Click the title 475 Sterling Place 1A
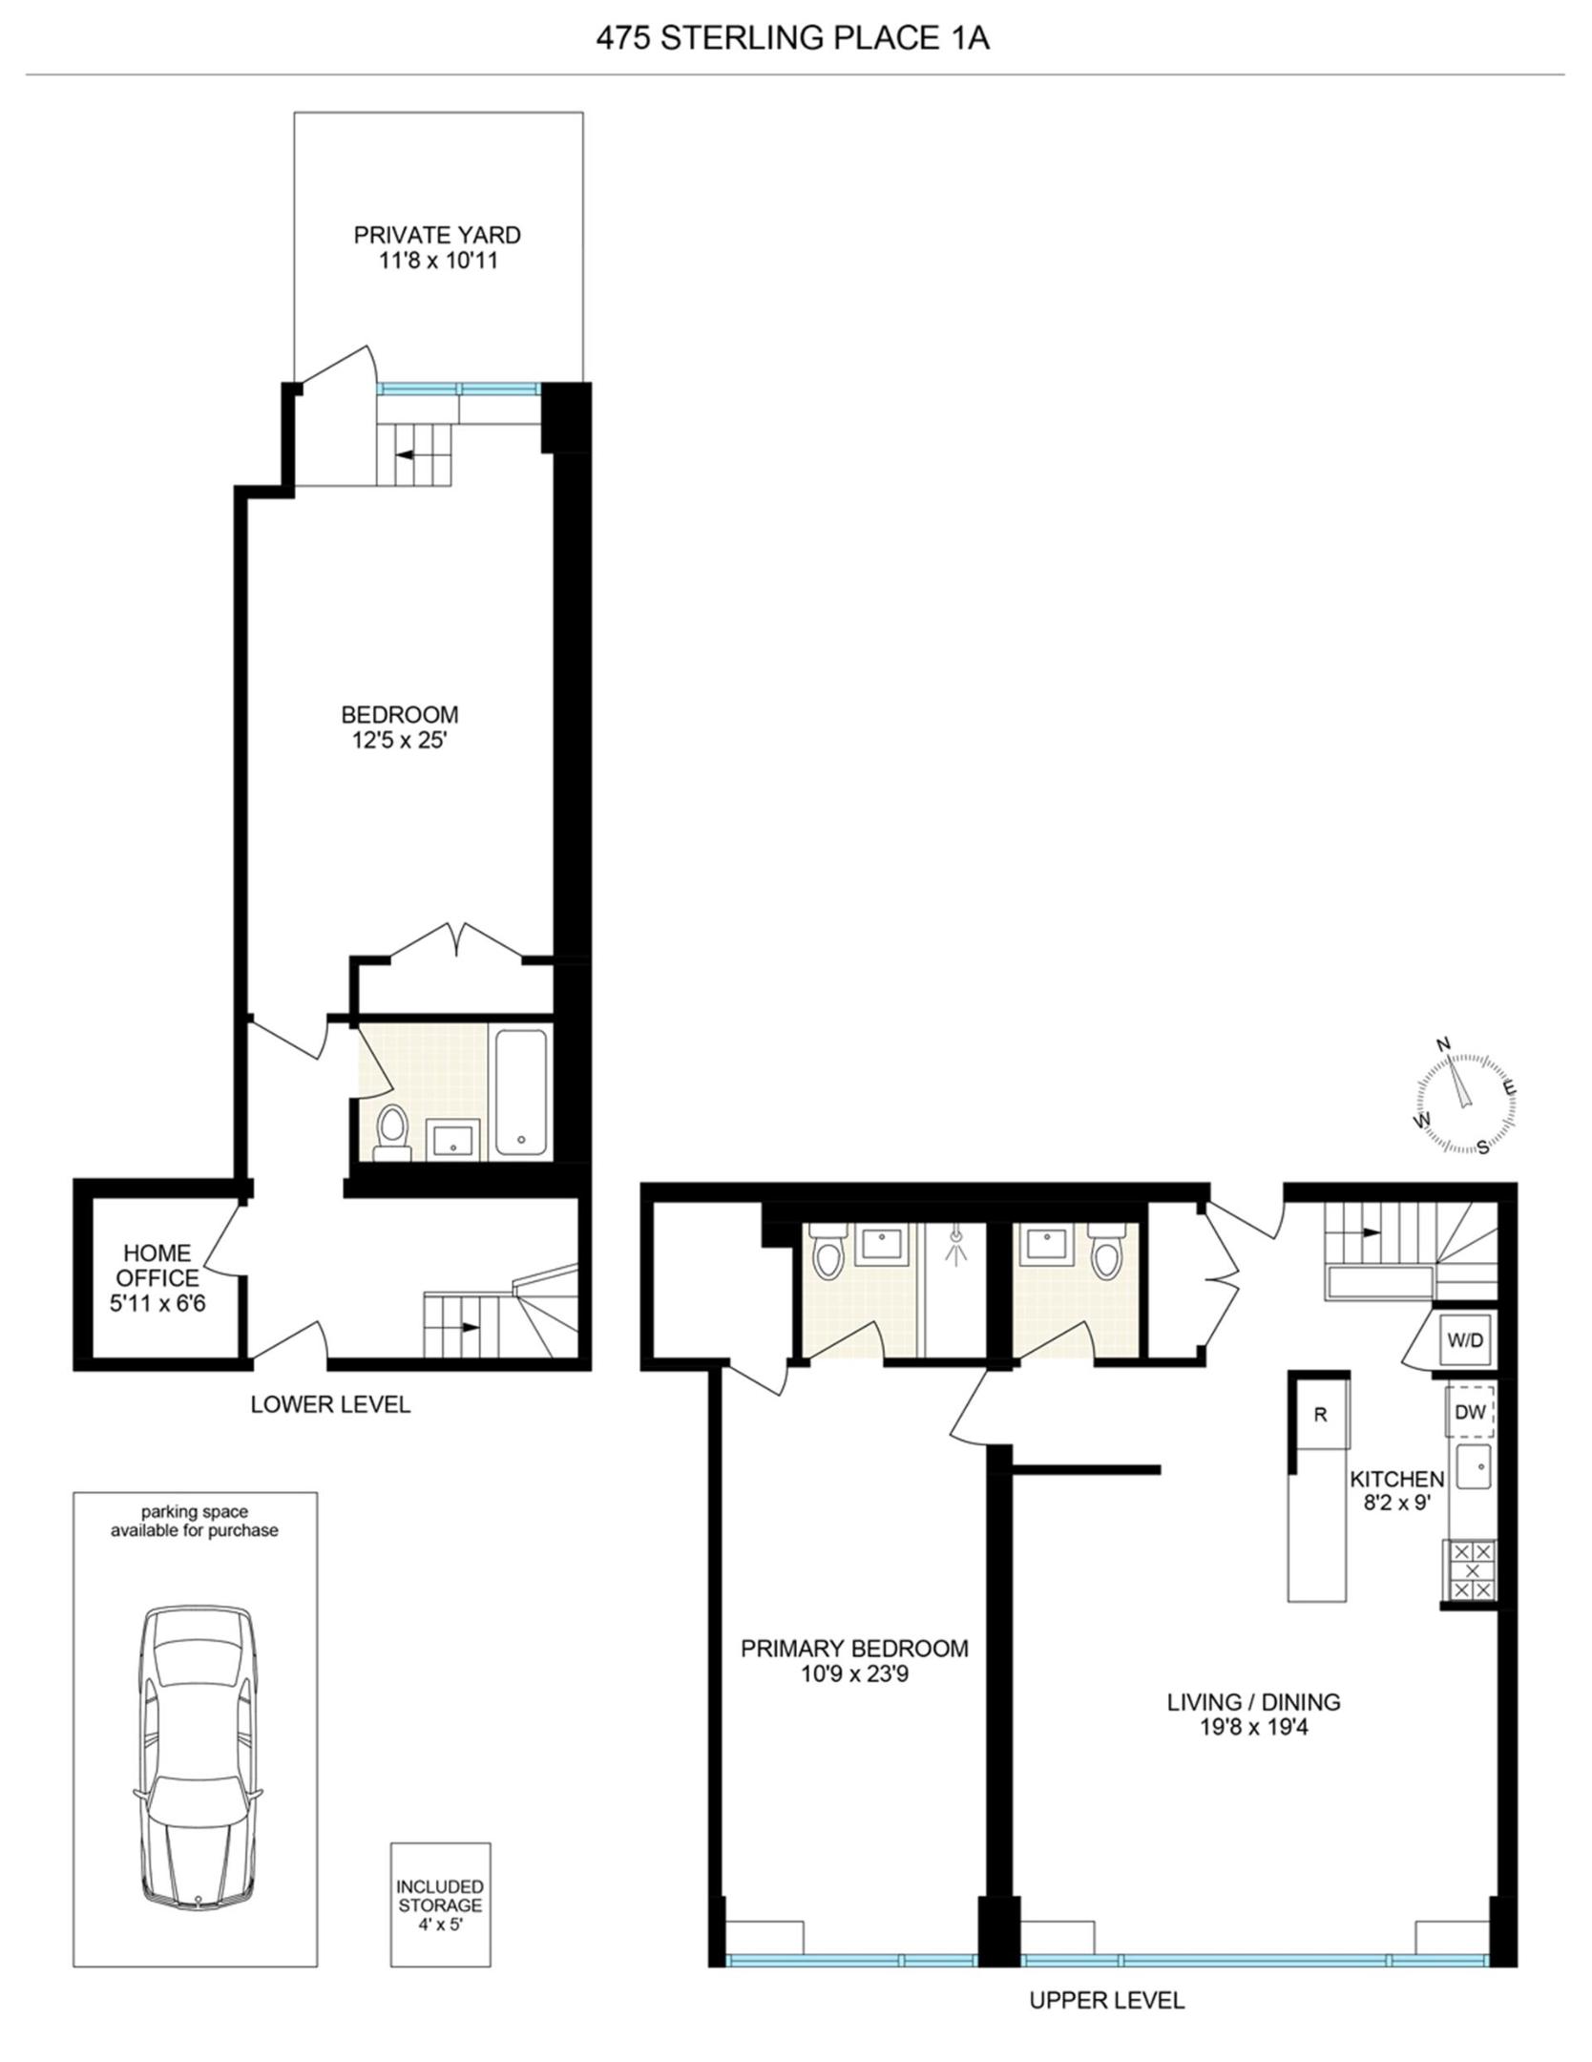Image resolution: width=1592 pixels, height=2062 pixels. coord(792,39)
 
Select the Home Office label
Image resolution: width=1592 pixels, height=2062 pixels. coord(157,1265)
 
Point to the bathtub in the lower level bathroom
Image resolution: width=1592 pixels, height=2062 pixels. coord(521,1091)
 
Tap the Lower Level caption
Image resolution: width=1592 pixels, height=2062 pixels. coord(330,1404)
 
